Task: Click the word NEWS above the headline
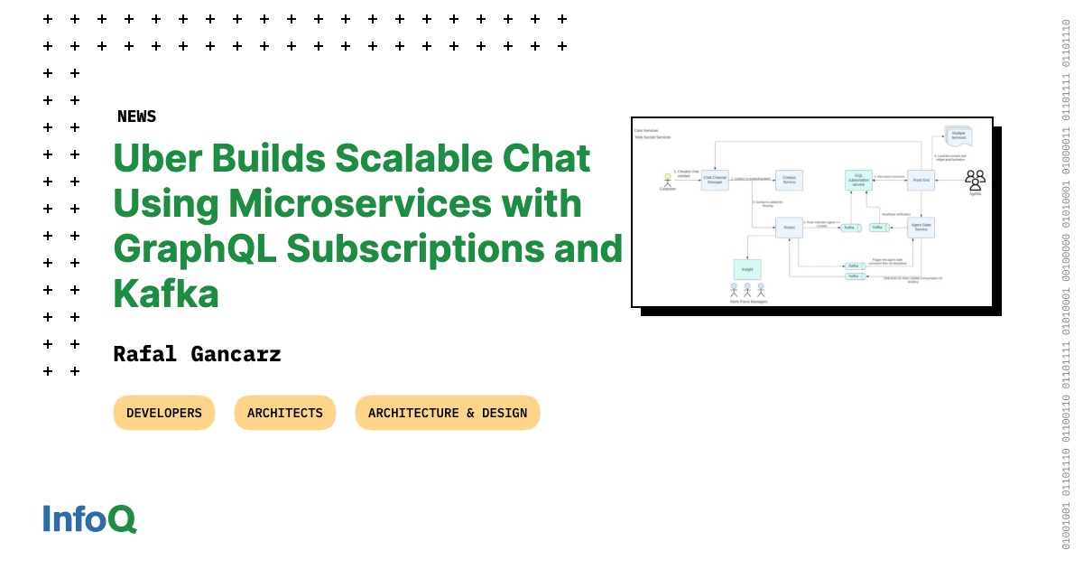tap(136, 117)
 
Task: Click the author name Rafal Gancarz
tap(197, 354)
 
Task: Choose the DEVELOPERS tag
tap(164, 413)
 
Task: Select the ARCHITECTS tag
tap(285, 413)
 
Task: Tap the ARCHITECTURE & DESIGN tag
tap(448, 413)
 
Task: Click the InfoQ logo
tap(89, 518)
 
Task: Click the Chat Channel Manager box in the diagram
tap(715, 179)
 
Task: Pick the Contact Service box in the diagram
tap(789, 179)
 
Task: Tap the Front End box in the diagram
tap(921, 180)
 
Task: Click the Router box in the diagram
tap(789, 227)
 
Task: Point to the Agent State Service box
tap(921, 227)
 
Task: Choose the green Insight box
tap(747, 269)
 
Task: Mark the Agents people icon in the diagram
tap(975, 179)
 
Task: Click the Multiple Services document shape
tap(958, 136)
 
